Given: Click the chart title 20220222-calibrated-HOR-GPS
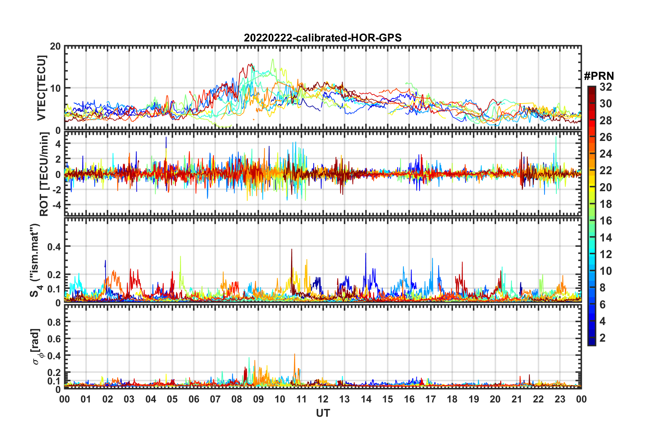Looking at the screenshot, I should coord(323,38).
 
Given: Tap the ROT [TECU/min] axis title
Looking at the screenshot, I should coord(44,174).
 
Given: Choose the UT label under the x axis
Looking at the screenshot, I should coord(323,413).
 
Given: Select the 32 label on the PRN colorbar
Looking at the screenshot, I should coord(606,87).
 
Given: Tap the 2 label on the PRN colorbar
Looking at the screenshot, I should coord(603,338).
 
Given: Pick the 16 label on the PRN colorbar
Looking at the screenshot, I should coord(606,221).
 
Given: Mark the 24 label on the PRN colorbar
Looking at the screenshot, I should coord(606,154).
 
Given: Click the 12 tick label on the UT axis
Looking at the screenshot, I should coord(323,399).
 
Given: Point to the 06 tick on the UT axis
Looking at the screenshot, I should coord(194,399).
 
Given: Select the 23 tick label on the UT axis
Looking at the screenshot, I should coord(560,399).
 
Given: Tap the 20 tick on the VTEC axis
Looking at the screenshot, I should coord(55,46).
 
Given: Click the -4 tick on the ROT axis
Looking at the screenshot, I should coord(56,205).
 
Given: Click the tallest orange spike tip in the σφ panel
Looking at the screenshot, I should coord(294,354).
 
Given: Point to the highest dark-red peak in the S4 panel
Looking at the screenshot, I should coord(291,249).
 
